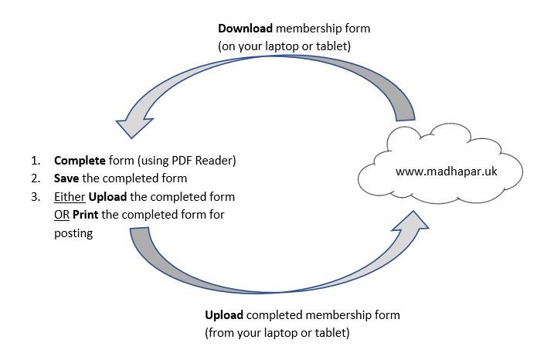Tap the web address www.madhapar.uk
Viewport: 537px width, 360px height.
(x=446, y=172)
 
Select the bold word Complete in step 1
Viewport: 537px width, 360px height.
(x=80, y=161)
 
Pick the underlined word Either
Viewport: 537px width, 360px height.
(x=70, y=197)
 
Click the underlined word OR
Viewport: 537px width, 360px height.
(x=61, y=215)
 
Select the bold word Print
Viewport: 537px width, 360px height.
(x=86, y=215)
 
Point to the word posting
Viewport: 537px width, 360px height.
(x=73, y=233)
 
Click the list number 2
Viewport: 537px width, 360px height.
(x=36, y=179)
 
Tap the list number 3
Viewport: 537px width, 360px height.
(x=36, y=197)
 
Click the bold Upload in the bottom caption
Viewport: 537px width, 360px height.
(x=224, y=316)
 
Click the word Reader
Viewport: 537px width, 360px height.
(x=216, y=161)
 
